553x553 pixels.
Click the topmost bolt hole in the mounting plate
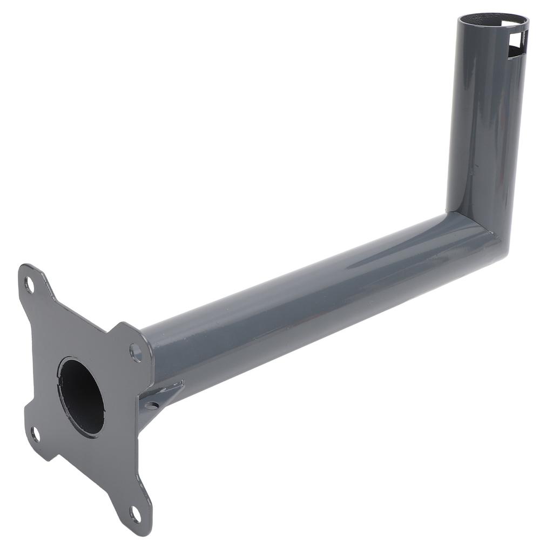point(29,285)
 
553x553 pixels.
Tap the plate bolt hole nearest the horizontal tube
point(136,353)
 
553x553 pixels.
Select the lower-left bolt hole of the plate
point(35,434)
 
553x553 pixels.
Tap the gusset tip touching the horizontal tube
point(181,384)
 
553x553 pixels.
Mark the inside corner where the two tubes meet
point(448,213)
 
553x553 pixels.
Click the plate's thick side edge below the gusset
point(145,432)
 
